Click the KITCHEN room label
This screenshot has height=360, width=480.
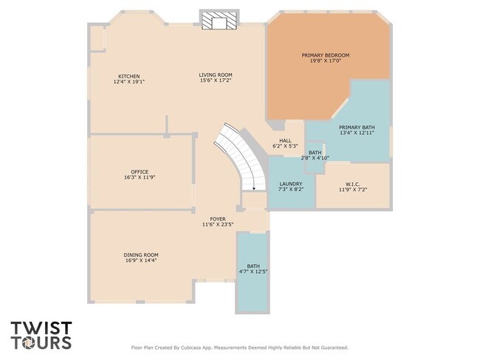tap(129, 76)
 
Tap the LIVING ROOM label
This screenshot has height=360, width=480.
tap(216, 75)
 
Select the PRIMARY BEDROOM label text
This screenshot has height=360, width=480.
tap(326, 55)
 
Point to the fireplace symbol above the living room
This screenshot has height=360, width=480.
tap(219, 20)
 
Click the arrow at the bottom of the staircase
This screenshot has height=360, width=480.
tap(254, 188)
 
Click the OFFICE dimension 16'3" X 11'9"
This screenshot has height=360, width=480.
tap(140, 177)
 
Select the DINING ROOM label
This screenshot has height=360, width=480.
tap(141, 255)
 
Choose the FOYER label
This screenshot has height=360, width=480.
tap(218, 219)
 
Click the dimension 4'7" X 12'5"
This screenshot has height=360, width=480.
tap(253, 271)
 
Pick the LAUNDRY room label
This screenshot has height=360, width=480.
tap(291, 184)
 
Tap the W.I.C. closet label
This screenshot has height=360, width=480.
tap(353, 184)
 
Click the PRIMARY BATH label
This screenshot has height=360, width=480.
tap(357, 127)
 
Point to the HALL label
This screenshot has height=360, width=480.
tap(285, 141)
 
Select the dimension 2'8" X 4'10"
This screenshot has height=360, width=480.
tap(315, 158)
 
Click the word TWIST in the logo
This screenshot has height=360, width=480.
tap(41, 328)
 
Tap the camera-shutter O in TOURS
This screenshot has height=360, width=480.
tap(30, 342)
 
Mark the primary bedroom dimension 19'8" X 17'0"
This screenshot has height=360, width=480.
tap(326, 60)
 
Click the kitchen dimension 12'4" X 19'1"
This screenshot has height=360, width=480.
tap(129, 82)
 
